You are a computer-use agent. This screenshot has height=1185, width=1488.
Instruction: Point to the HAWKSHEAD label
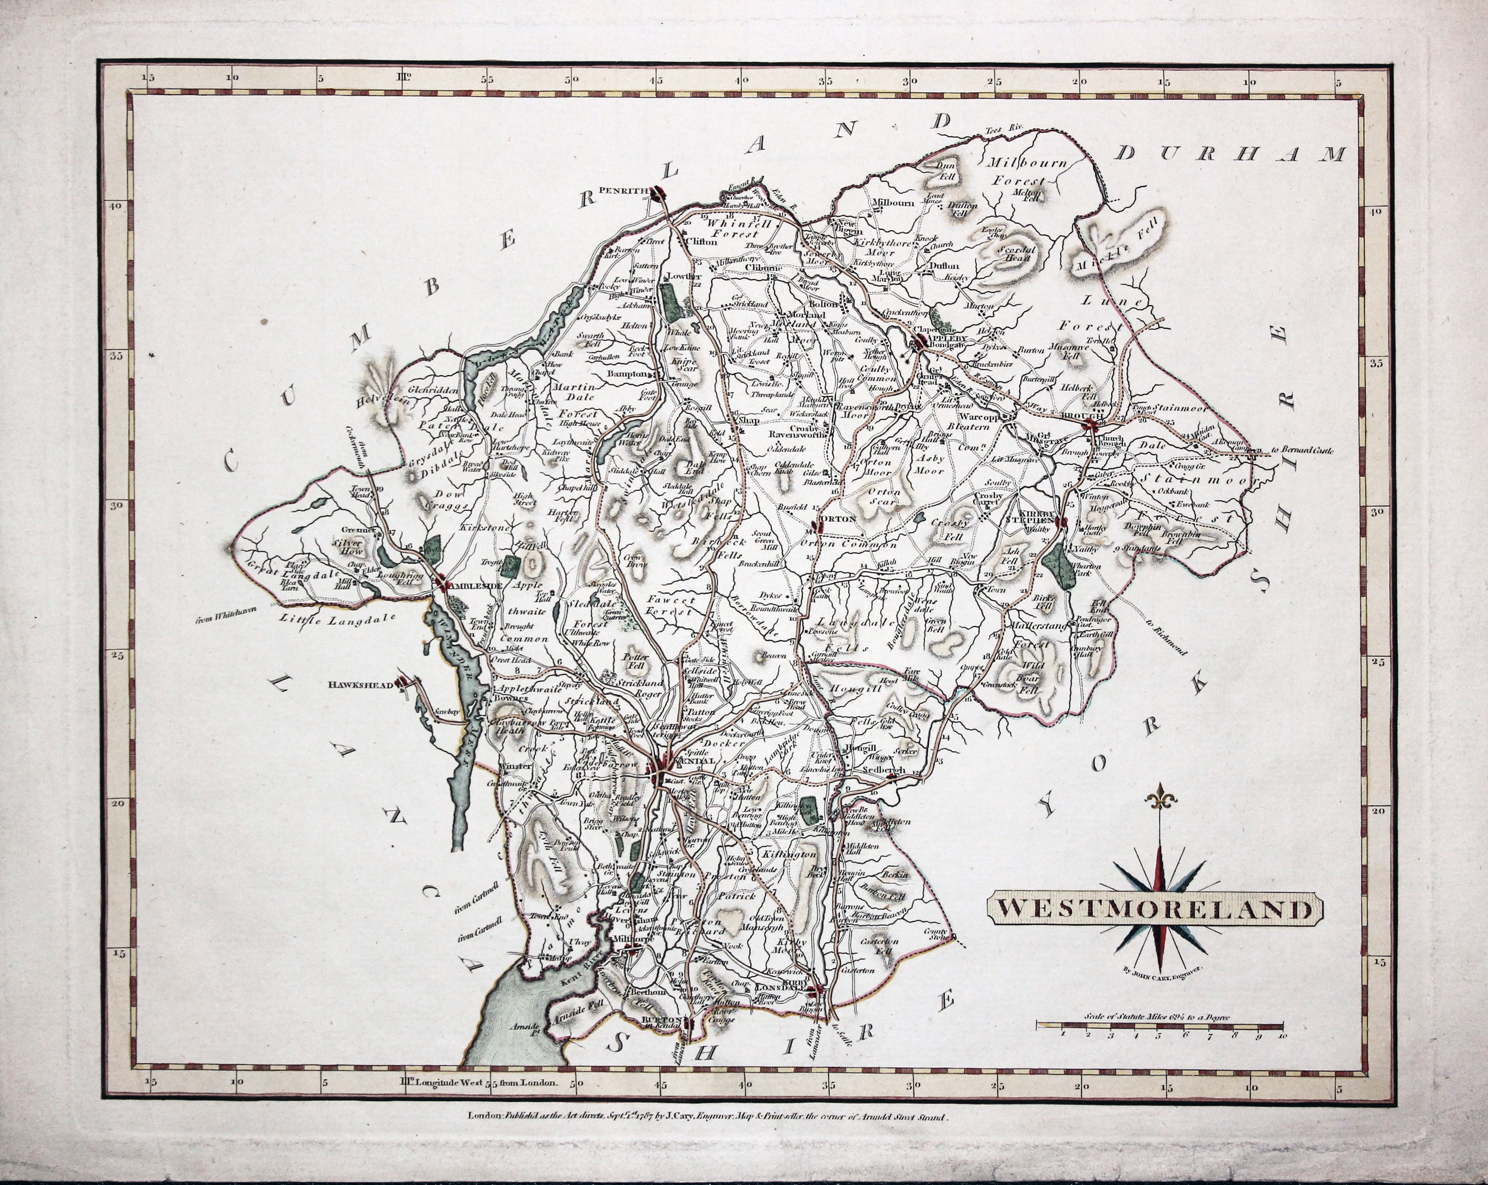tap(369, 685)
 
